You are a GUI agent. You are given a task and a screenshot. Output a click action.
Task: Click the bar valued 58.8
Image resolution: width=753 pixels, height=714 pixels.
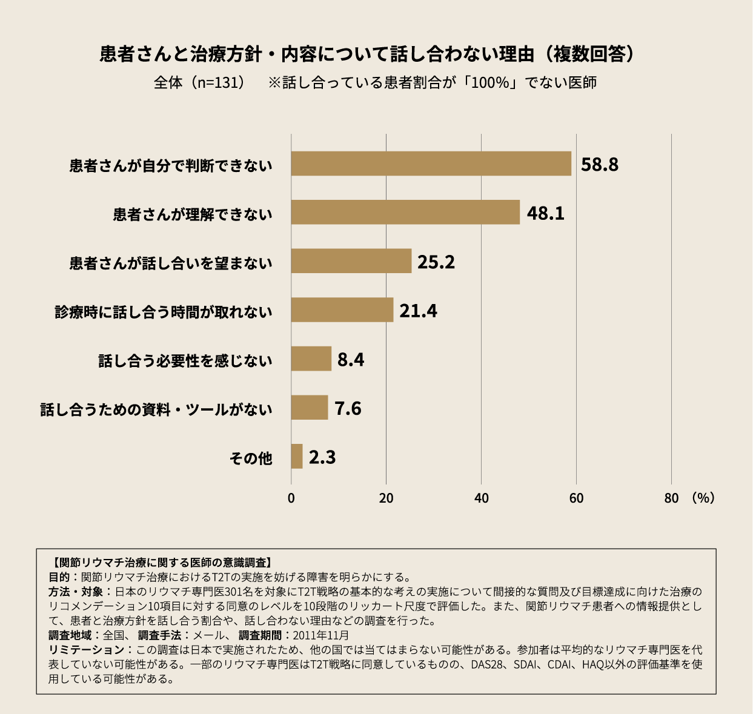431,164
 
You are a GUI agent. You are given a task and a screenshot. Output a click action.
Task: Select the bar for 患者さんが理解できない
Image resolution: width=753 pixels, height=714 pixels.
405,212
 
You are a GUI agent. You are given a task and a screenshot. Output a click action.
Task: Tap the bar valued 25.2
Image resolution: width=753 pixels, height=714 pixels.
351,261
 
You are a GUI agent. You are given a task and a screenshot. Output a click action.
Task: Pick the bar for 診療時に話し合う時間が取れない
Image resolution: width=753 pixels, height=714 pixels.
342,310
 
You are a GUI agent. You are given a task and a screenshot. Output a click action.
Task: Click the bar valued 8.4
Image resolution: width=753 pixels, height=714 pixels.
311,359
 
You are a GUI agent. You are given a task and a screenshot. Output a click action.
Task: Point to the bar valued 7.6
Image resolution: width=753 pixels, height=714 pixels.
309,408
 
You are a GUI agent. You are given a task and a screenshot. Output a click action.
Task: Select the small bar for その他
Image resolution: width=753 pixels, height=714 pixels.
297,456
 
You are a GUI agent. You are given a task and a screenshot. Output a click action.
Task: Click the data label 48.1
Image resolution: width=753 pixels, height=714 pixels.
545,213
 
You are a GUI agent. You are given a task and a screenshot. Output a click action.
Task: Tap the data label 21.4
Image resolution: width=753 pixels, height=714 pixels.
418,311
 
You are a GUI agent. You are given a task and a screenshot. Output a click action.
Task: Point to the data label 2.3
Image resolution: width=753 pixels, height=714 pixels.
322,457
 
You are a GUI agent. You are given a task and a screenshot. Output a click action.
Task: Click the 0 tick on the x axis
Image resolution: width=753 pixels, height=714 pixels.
291,498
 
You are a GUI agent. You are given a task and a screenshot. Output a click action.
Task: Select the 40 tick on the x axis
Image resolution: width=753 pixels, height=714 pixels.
481,498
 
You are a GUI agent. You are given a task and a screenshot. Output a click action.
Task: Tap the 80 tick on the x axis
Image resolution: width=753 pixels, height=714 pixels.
671,498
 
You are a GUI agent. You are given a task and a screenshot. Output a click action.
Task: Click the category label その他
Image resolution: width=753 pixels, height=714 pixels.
251,458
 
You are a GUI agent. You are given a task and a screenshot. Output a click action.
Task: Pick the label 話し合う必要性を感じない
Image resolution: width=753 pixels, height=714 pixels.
185,361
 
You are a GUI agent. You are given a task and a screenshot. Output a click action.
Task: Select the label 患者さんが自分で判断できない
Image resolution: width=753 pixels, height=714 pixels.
171,166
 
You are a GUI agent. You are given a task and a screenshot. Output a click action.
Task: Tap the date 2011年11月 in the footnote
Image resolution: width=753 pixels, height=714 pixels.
321,635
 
